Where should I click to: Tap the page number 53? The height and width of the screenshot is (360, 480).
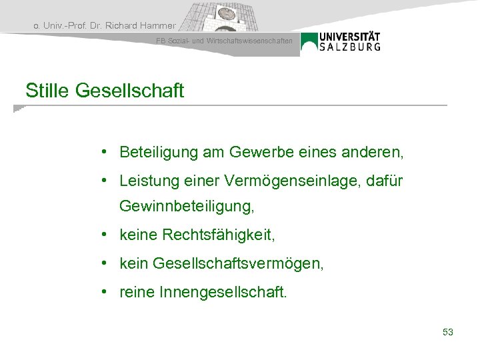coord(447,331)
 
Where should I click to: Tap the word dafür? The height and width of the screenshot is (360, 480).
coord(384,181)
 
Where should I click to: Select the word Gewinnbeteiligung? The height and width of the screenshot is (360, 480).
coord(187,208)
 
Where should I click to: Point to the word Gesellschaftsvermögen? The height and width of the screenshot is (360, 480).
coord(238,264)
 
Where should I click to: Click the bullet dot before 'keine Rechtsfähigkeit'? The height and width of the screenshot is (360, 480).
coord(106,235)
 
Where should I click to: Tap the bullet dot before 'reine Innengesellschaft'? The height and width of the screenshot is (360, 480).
coord(106,291)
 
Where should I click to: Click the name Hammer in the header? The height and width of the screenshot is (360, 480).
coord(158,26)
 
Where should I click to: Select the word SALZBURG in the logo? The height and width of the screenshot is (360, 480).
coord(350,47)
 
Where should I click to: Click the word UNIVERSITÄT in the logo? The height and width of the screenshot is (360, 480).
coord(350,37)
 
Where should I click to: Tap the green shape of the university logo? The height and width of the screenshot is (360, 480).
coord(309,43)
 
